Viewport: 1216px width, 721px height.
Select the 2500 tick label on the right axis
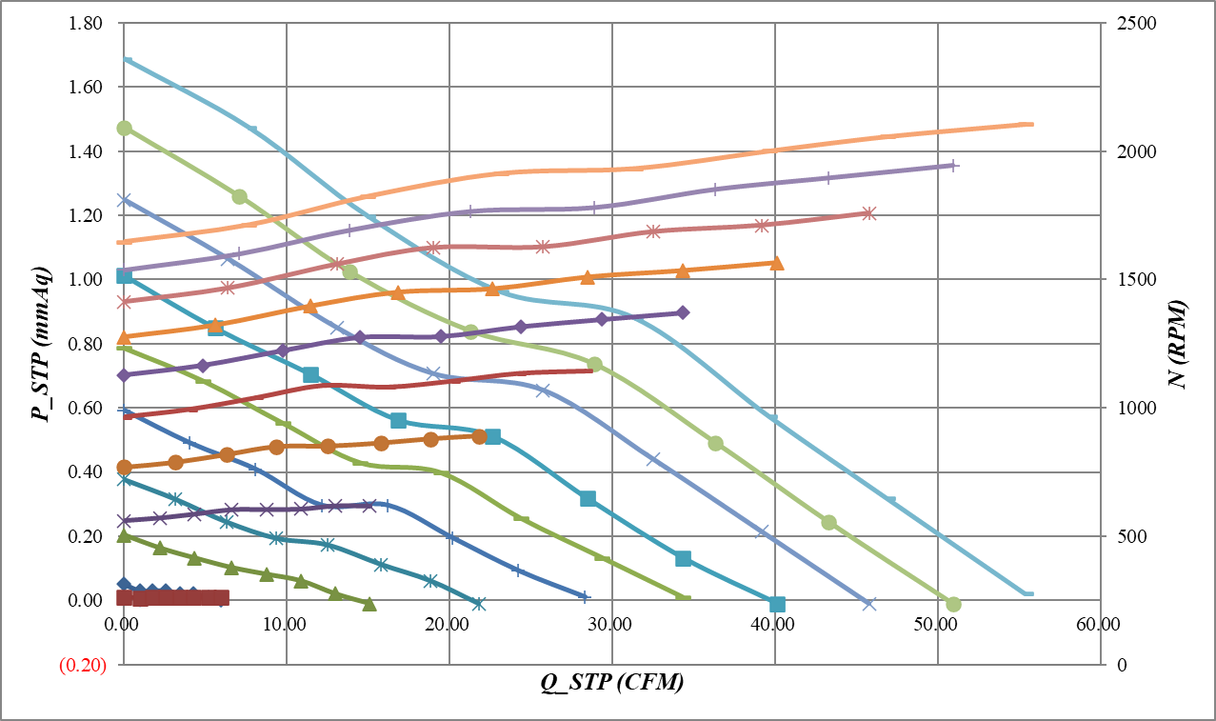tap(1129, 23)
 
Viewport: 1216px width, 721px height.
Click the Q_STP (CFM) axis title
tap(610, 683)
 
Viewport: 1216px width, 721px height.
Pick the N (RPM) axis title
tap(1181, 344)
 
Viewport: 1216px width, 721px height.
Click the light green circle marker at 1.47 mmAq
tap(124, 128)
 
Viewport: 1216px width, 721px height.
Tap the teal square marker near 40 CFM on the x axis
tap(777, 604)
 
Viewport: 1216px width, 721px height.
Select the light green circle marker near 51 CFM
tap(953, 604)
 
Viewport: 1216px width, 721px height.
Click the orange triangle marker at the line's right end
tap(776, 263)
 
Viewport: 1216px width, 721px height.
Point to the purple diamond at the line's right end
tap(682, 312)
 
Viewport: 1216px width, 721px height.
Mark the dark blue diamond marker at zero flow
tap(124, 584)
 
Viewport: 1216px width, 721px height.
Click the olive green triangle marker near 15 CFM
tap(369, 604)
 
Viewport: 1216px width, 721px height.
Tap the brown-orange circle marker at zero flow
tap(124, 467)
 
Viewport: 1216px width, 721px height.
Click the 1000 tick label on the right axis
tap(1129, 408)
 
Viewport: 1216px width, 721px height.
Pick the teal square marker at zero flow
tap(124, 275)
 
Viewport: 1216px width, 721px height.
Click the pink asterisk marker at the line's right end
tap(868, 213)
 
